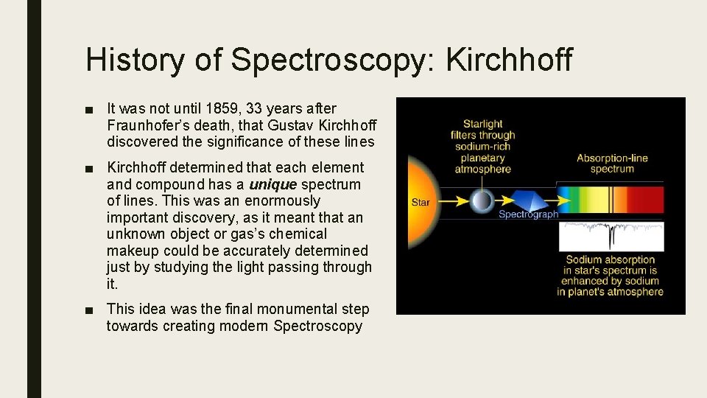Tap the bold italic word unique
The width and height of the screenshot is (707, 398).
[x=273, y=184]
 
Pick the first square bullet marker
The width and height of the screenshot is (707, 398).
[x=89, y=110]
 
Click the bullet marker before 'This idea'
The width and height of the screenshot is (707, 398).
[x=89, y=310]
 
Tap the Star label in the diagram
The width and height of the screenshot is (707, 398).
[x=421, y=202]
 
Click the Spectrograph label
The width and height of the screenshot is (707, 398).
[x=528, y=214]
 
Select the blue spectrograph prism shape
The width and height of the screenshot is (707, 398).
[x=532, y=200]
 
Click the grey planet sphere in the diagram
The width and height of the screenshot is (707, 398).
[x=483, y=200]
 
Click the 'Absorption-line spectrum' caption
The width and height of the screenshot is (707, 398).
[x=612, y=164]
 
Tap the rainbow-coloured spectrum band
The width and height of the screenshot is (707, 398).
[x=611, y=199]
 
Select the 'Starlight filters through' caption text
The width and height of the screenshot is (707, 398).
[x=483, y=130]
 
